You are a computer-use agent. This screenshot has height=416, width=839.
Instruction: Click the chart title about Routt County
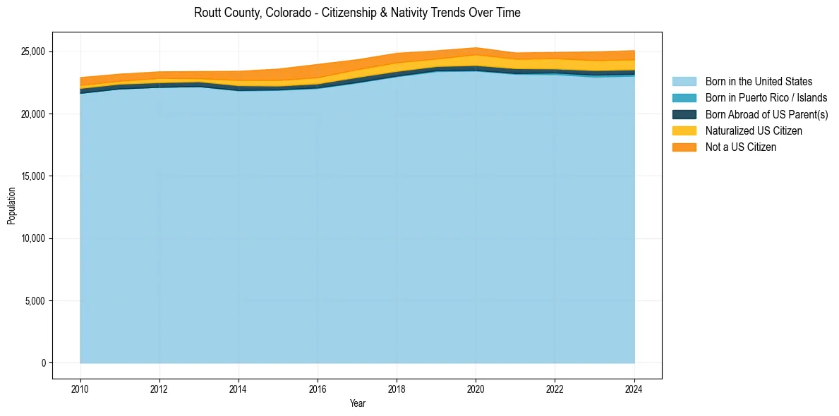click(x=357, y=13)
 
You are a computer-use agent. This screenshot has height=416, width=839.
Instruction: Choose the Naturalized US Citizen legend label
click(x=754, y=130)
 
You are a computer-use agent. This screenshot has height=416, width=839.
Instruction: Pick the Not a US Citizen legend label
click(x=740, y=147)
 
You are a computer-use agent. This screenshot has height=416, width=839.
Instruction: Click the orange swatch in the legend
click(x=684, y=147)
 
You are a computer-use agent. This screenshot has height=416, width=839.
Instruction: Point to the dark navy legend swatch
click(x=684, y=114)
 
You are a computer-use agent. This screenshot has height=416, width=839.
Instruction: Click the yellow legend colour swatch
click(x=684, y=130)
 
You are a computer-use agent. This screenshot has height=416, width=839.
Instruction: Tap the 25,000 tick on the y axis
click(x=32, y=51)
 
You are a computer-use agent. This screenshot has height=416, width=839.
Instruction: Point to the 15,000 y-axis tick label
click(x=32, y=176)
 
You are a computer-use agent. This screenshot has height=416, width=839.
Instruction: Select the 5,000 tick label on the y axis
click(x=34, y=301)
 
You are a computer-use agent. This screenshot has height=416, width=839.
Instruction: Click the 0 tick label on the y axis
click(x=42, y=363)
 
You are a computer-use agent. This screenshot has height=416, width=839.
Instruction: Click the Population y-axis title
click(x=11, y=206)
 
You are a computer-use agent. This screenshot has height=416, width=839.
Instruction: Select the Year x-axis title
click(x=358, y=403)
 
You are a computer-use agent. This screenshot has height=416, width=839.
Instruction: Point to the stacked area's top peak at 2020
click(x=476, y=48)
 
